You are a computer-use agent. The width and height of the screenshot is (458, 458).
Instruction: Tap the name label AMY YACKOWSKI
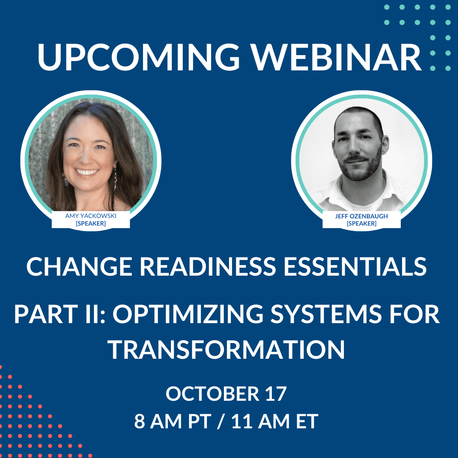point(91,216)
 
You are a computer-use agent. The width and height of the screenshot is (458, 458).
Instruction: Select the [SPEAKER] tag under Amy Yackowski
point(91,223)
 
